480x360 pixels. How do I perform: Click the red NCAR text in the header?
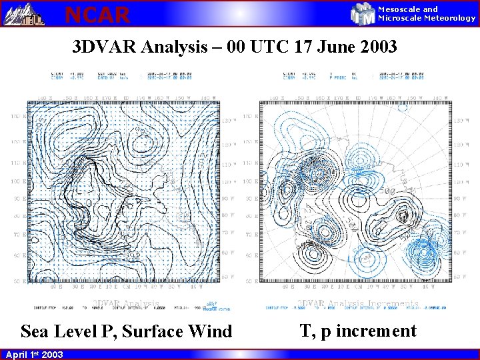97,14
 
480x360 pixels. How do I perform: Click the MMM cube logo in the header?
363,13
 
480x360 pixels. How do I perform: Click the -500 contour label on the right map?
387,192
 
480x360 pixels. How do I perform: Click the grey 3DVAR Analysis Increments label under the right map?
357,303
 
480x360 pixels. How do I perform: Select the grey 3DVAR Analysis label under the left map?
125,303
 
